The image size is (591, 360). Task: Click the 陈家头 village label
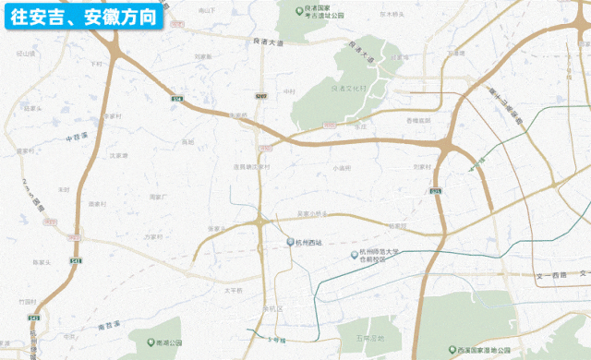41,262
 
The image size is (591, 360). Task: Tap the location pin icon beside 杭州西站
289,243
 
